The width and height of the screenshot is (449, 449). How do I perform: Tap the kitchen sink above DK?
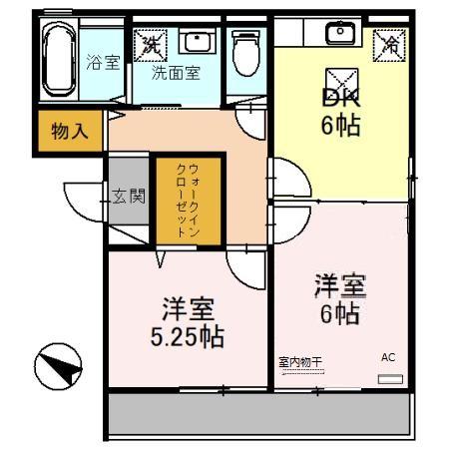coord(340,33)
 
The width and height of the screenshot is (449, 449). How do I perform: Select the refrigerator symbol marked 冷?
coord(391,43)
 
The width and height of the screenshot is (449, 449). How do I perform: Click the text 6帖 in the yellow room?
coord(339,126)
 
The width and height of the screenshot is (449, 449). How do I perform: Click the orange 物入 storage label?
coord(69,132)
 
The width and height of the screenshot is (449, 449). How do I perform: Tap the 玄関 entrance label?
coord(129,195)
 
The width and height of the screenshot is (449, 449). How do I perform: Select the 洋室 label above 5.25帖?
coord(188,306)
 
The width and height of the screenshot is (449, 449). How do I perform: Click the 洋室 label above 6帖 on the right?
coord(340,284)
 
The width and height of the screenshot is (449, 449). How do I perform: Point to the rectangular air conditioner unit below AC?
coord(390,379)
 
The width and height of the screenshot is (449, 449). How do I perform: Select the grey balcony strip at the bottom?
coord(259,412)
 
